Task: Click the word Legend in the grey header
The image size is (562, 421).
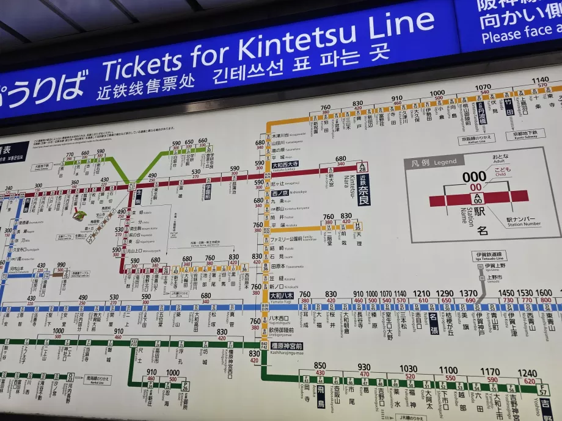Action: click(445, 162)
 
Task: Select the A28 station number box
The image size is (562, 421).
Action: click(362, 166)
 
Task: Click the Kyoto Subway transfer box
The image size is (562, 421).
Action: click(525, 134)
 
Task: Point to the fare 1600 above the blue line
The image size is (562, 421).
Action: click(544, 293)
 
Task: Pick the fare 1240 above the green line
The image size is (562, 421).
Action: click(527, 373)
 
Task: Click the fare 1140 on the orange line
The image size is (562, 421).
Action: click(540, 80)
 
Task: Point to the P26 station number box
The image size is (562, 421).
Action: click(185, 386)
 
